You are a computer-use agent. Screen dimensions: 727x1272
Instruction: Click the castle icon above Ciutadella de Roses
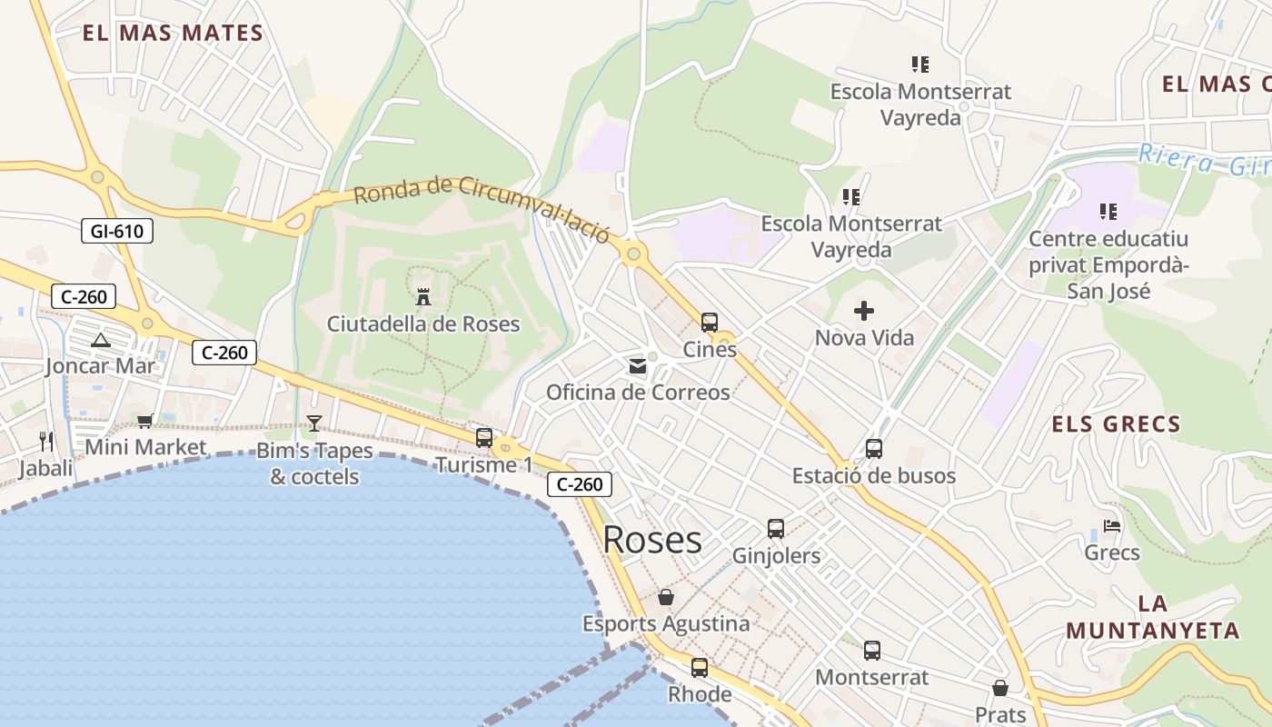pyautogui.click(x=422, y=296)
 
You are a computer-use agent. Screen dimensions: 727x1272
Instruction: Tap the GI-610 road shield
pyautogui.click(x=116, y=231)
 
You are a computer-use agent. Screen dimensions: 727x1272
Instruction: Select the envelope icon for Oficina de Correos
pyautogui.click(x=638, y=366)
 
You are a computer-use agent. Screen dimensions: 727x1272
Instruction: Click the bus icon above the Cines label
pyautogui.click(x=710, y=322)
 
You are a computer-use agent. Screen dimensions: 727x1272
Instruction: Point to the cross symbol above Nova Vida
pyautogui.click(x=864, y=312)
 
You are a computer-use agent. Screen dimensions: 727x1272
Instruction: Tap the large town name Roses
pyautogui.click(x=652, y=540)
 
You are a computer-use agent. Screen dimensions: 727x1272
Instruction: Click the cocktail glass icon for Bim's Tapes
pyautogui.click(x=314, y=423)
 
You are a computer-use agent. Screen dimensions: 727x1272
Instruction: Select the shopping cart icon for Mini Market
pyautogui.click(x=145, y=421)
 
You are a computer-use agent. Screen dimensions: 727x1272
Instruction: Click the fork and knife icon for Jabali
pyautogui.click(x=46, y=442)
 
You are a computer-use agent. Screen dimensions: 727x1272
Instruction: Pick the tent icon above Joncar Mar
pyautogui.click(x=101, y=341)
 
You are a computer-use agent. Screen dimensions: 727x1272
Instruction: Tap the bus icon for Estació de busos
pyautogui.click(x=874, y=449)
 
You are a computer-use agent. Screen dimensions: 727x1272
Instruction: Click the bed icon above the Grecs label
pyautogui.click(x=1112, y=525)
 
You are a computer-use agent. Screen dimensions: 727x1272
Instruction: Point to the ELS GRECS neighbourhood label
pyautogui.click(x=1116, y=423)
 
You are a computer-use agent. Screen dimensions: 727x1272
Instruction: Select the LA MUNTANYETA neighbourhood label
pyautogui.click(x=1152, y=617)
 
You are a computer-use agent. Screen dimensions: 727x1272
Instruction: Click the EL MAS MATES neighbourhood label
pyautogui.click(x=173, y=34)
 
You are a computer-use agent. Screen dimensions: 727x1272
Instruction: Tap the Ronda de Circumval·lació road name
pyautogui.click(x=481, y=207)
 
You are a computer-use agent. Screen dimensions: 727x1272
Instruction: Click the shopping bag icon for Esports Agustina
pyautogui.click(x=666, y=597)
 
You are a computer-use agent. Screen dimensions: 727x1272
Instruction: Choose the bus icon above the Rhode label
pyautogui.click(x=700, y=668)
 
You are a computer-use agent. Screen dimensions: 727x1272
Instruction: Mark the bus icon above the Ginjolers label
pyautogui.click(x=776, y=529)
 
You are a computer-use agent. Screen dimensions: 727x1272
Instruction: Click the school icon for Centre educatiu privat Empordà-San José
pyautogui.click(x=1108, y=212)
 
